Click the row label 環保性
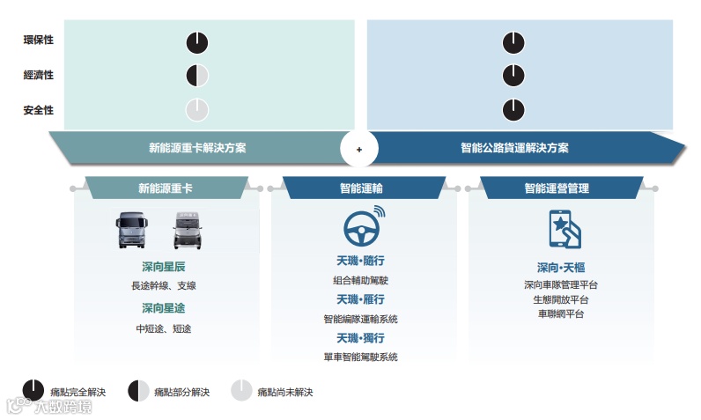(38, 41)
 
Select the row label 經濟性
(38, 76)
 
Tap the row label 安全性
(38, 110)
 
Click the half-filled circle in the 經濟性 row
(197, 76)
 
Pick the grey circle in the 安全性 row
(197, 110)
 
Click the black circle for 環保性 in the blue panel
(513, 41)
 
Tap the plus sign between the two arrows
(359, 149)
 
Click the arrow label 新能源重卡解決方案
(197, 148)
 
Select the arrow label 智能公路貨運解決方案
(514, 148)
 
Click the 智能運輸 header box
(360, 188)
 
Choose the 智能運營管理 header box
(557, 188)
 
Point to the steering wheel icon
(360, 229)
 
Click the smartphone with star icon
(564, 229)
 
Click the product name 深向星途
(163, 308)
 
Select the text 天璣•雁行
(360, 299)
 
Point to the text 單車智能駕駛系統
(360, 357)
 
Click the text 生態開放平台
(561, 299)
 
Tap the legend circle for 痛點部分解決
(138, 390)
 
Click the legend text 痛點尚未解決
(284, 392)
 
